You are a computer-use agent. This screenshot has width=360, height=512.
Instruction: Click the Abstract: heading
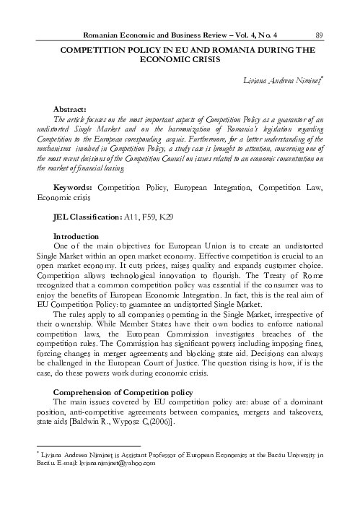point(71,108)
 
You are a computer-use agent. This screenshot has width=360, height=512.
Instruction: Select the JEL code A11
point(133,217)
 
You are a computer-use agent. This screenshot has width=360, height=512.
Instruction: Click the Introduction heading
point(76,237)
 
